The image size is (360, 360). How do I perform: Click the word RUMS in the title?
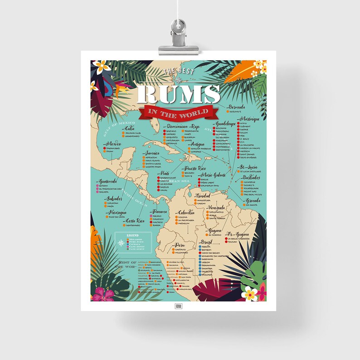[179, 94]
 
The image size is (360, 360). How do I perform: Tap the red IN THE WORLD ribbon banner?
[180, 112]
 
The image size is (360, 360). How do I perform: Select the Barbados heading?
[251, 178]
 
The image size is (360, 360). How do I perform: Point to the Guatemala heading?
[109, 181]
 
